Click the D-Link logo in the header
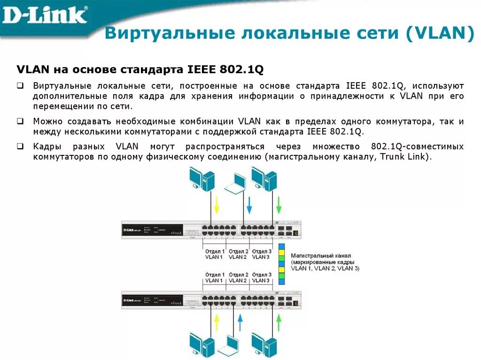coord(45,15)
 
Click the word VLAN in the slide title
coord(440,34)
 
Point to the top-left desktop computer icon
coord(202,179)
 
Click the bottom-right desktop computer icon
coord(264,345)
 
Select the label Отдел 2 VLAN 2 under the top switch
coord(238,254)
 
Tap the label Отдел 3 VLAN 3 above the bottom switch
coord(262,277)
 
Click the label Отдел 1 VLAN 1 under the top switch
coord(215,254)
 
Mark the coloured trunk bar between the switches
coord(281,264)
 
